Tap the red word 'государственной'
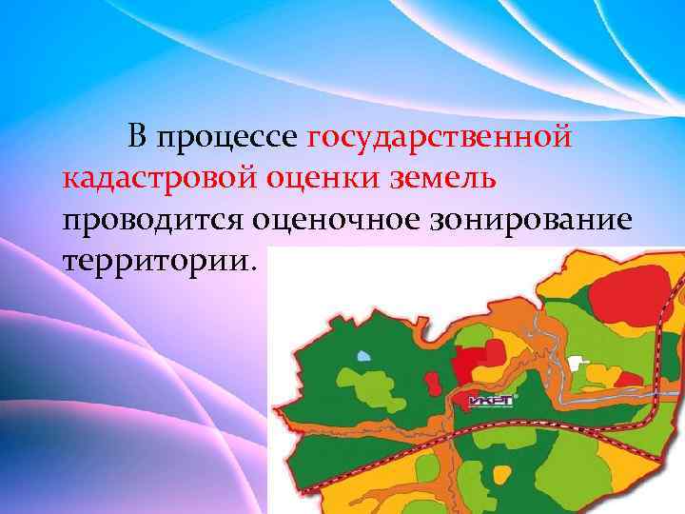pyautogui.click(x=441, y=139)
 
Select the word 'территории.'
pyautogui.click(x=159, y=259)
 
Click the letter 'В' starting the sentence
pyautogui.click(x=139, y=139)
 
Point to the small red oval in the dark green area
pyautogui.click(x=433, y=382)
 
